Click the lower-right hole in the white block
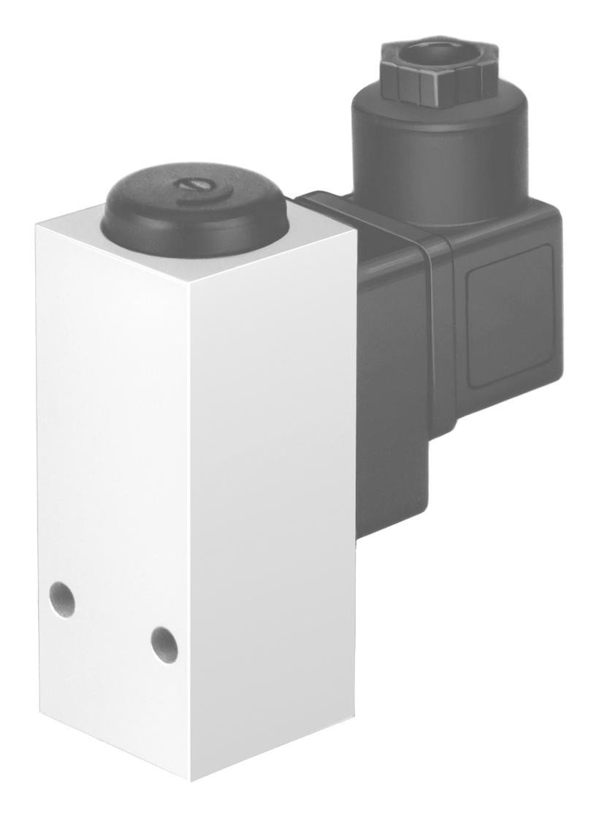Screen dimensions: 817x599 pos(164,644)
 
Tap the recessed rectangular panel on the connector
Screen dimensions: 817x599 pos(510,314)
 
